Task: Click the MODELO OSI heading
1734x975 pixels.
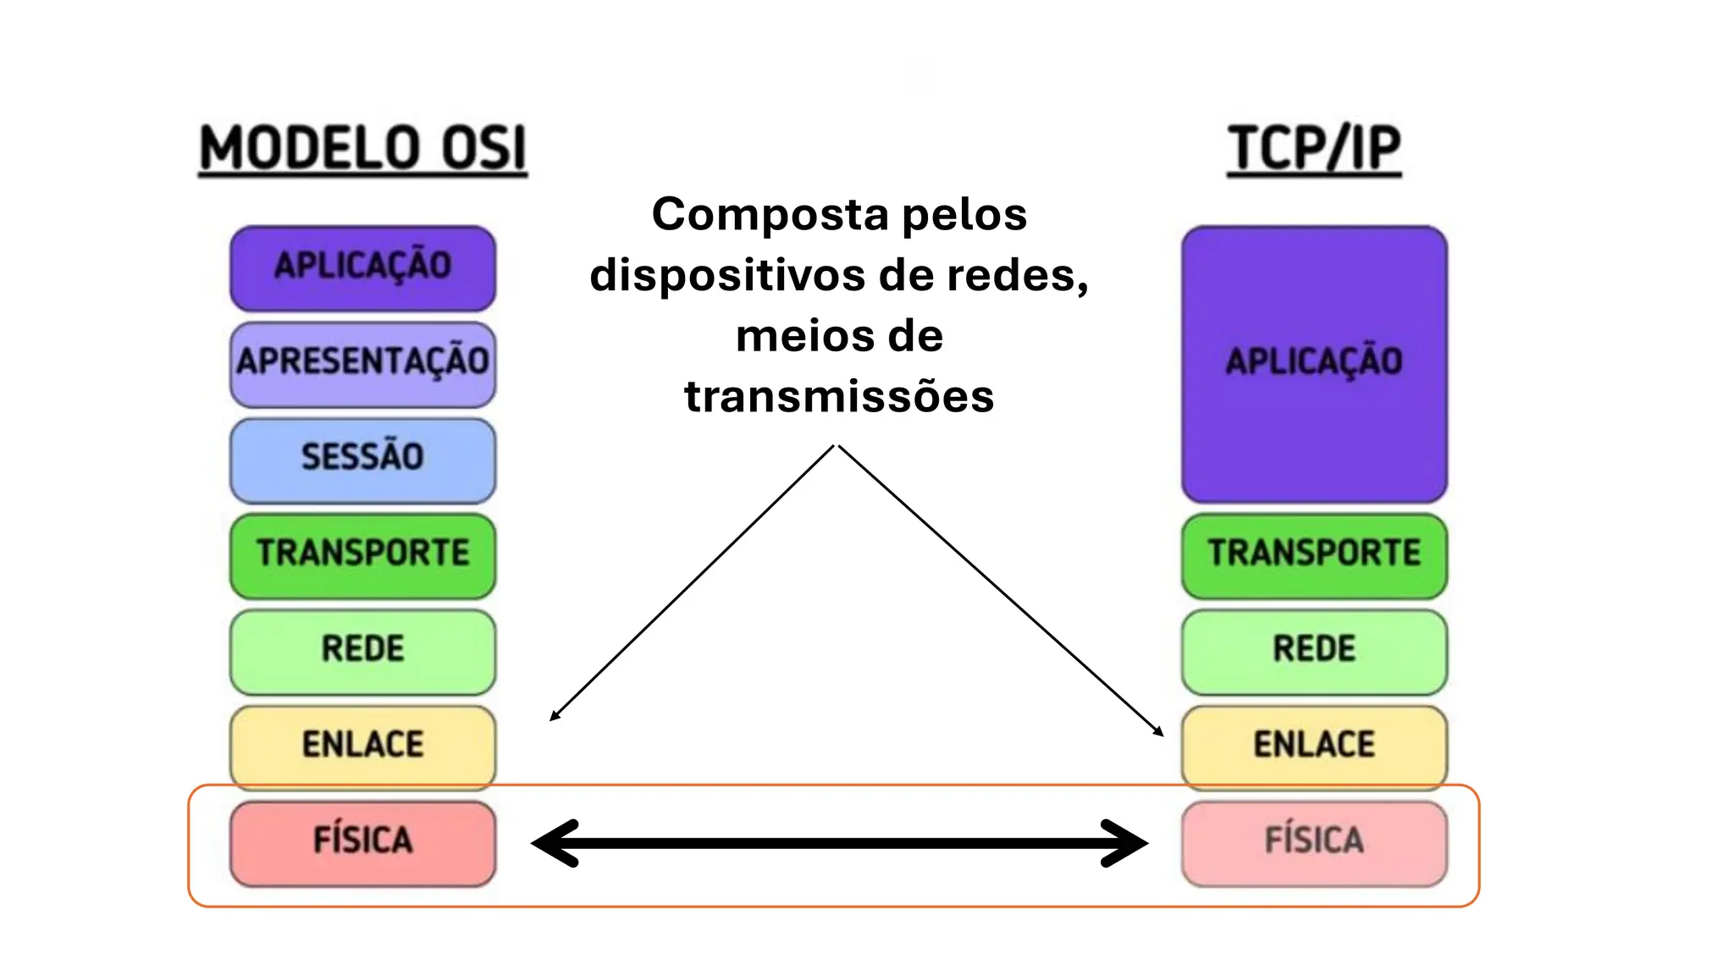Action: [362, 149]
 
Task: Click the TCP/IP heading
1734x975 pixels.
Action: [1314, 149]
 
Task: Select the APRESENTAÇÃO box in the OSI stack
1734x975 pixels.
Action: [362, 363]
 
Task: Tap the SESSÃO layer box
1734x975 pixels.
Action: [362, 459]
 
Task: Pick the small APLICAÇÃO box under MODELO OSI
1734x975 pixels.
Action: [362, 267]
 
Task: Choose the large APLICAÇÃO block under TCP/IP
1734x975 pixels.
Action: [1314, 364]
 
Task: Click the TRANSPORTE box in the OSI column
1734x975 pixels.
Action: [362, 554]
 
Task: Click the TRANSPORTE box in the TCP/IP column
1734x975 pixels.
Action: [1314, 554]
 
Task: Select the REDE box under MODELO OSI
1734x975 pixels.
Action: [362, 650]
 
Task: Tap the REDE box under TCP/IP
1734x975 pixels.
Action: [1314, 650]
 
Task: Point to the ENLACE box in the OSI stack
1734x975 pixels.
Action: [362, 746]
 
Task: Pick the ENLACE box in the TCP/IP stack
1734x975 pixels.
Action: [1314, 746]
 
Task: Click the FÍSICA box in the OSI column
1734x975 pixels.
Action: [362, 842]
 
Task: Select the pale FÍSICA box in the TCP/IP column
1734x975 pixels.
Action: [1314, 842]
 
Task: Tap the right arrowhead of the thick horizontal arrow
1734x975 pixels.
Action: [1131, 843]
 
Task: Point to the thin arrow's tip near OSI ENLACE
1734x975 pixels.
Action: [553, 718]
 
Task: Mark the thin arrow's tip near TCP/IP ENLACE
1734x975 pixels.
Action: [1161, 734]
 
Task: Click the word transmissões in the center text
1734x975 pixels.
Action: [838, 396]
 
